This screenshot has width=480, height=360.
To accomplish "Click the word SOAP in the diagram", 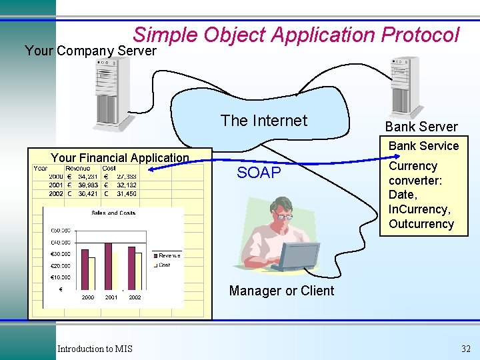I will pos(259,173).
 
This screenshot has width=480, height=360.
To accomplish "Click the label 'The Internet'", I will pos(264,121).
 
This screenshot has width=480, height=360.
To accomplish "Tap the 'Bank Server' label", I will pos(421,127).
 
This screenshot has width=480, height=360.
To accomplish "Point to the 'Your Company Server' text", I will pos(90,51).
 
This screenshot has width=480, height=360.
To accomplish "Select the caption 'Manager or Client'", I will pos(281,291).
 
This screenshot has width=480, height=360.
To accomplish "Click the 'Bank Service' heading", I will pos(423,146).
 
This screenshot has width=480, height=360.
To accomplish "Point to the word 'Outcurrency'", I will pos(421,224).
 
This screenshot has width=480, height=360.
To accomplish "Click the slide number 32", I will pos(465,349).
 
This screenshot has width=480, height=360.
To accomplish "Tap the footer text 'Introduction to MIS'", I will pos(95,349).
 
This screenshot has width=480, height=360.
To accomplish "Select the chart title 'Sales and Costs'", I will pos(113,213).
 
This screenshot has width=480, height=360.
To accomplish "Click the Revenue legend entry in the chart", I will pos(167,255).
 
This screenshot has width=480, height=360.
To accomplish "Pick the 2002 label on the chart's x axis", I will pos(135,297).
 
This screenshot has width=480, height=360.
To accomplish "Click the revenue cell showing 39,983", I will pos(87,185).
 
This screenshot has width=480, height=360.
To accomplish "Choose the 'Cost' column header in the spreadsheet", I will pos(109,169).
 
